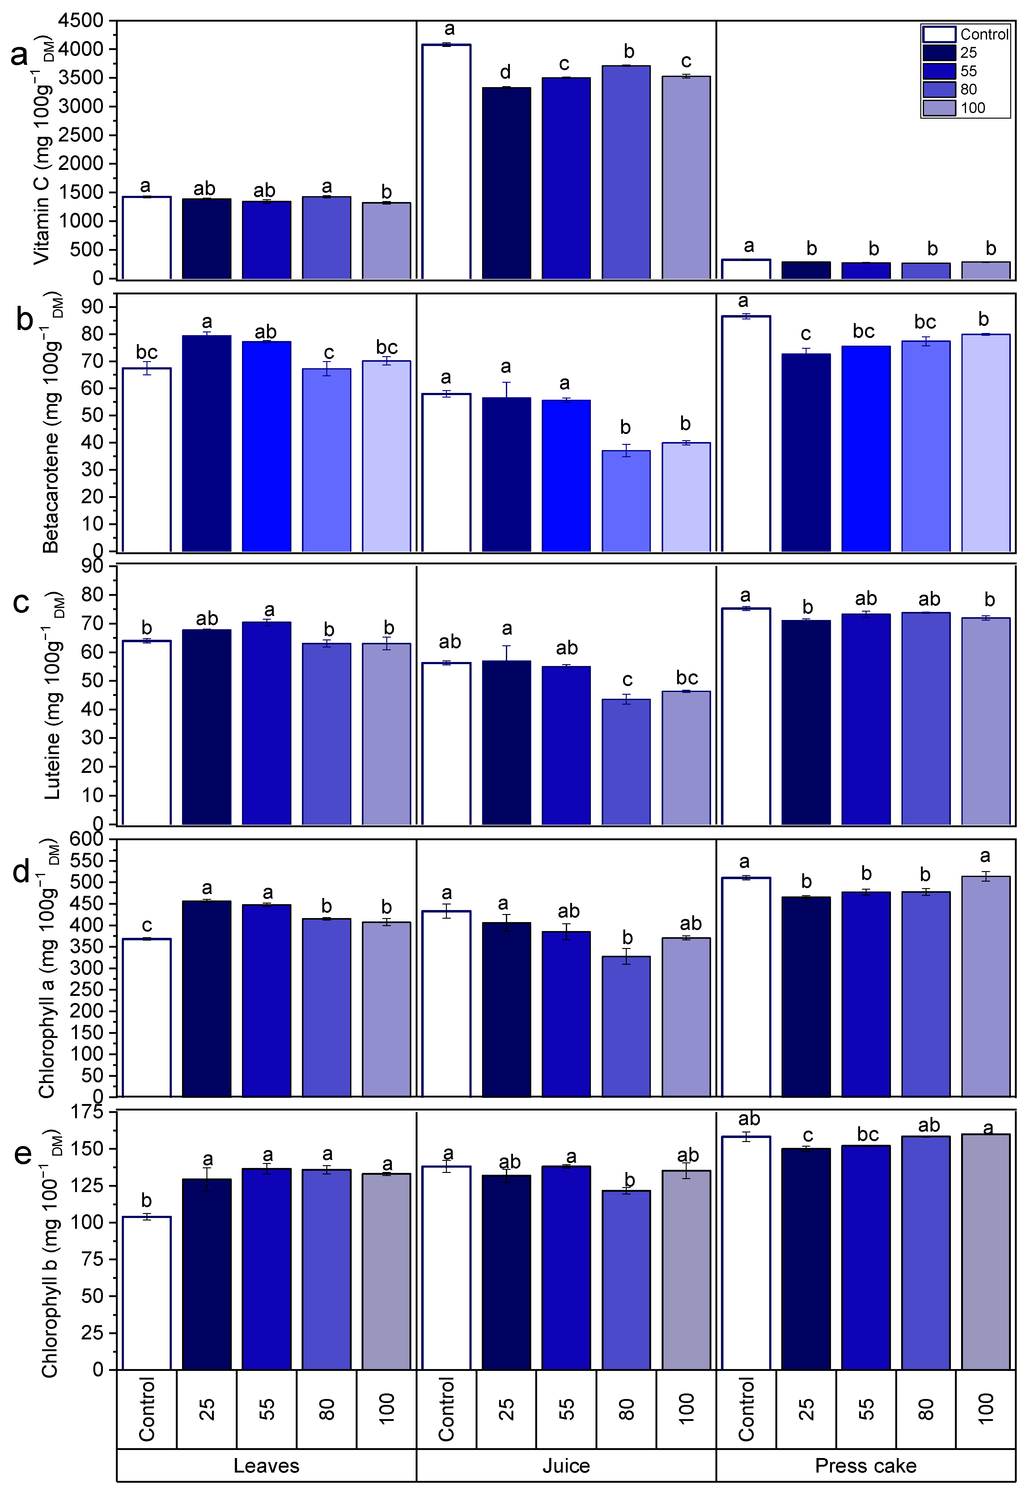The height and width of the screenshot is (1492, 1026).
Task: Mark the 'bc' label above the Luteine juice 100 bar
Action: (687, 678)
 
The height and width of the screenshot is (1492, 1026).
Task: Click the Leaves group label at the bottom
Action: (266, 1466)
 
